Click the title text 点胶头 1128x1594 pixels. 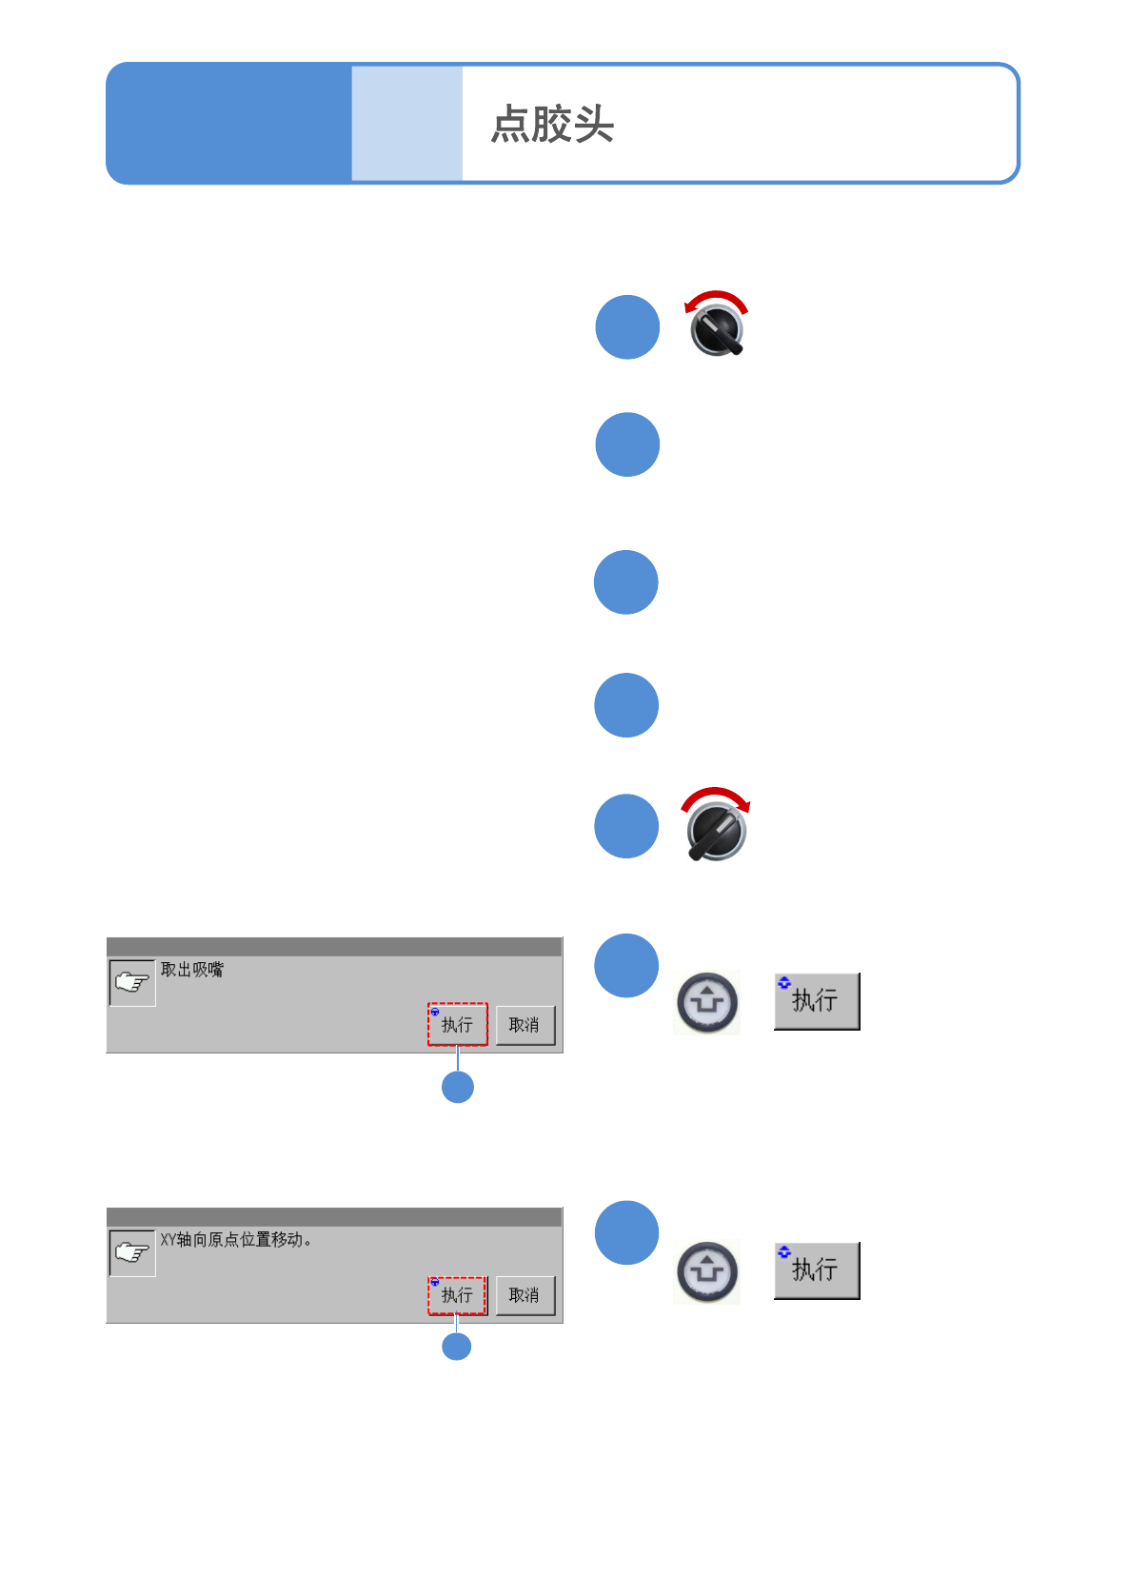click(552, 124)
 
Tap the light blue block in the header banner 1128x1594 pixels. click(406, 124)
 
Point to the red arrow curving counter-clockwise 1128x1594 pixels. click(716, 298)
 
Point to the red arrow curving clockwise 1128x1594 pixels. click(716, 796)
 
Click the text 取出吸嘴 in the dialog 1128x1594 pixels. click(191, 970)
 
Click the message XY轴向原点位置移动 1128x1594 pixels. click(234, 1240)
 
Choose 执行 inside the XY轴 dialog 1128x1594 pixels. click(457, 1295)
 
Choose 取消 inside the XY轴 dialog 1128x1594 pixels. click(524, 1295)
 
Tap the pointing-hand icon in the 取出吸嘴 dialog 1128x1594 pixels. click(132, 983)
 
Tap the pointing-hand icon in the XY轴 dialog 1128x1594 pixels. click(132, 1252)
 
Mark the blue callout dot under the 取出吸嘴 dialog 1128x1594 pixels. click(458, 1087)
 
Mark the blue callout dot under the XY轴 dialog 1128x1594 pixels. click(457, 1347)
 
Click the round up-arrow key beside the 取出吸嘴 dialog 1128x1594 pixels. click(706, 1002)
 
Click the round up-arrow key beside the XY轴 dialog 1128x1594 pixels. click(706, 1271)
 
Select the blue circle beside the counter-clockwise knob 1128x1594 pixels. click(627, 327)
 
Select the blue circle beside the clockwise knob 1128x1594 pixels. click(626, 826)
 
